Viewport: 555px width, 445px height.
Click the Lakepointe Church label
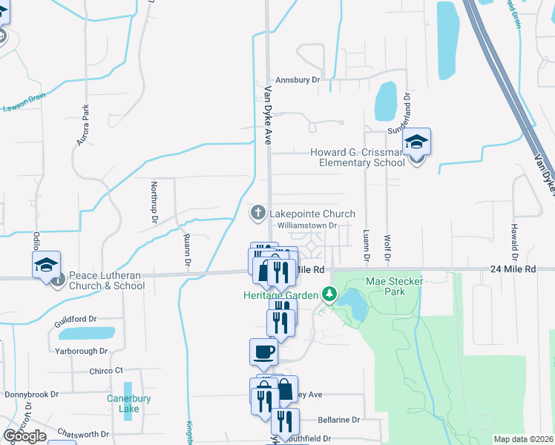(312, 214)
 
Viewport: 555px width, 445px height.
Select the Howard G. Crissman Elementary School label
(358, 157)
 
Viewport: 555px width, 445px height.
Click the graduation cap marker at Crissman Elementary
(417, 142)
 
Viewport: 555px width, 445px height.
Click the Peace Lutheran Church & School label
(107, 280)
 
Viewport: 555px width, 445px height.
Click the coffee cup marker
(263, 352)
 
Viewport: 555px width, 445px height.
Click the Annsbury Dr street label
(297, 79)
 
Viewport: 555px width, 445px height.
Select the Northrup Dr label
(155, 203)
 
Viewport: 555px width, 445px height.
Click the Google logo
(24, 435)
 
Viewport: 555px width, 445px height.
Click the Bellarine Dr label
(338, 419)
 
